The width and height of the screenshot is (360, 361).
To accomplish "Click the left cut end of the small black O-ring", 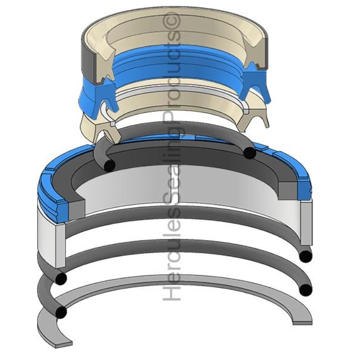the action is pos(110,165).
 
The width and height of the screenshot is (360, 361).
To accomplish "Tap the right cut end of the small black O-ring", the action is pos(250,152).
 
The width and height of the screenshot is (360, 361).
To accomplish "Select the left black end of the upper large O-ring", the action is pos(61,278).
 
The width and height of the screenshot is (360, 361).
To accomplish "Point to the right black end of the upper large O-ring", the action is pos(306,256).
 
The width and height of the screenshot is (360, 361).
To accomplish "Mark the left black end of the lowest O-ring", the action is pos(61,312).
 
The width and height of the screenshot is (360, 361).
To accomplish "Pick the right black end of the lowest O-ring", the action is pos(306,289).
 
